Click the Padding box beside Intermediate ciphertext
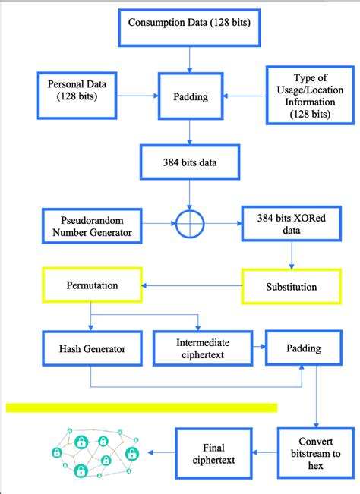click(302, 348)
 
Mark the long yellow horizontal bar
click(142, 407)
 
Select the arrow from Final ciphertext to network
click(162, 453)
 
